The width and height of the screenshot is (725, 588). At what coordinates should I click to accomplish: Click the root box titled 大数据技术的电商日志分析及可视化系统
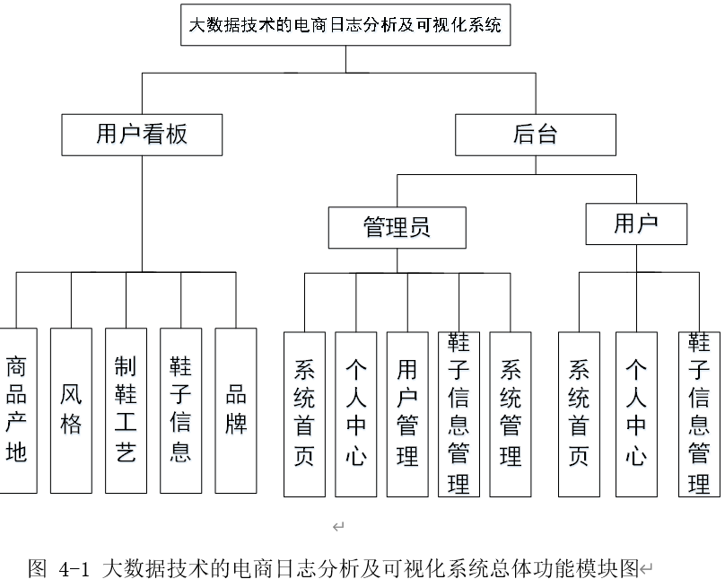(x=345, y=25)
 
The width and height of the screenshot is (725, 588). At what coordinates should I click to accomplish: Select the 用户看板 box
(x=142, y=135)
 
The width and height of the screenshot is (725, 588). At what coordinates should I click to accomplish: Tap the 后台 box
(x=536, y=135)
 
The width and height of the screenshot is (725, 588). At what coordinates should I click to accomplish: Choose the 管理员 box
(x=397, y=228)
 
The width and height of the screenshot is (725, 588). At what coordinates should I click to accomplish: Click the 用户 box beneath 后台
(x=636, y=224)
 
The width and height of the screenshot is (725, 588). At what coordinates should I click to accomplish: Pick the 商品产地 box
(x=17, y=411)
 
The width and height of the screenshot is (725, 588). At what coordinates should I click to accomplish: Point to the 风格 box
(x=71, y=411)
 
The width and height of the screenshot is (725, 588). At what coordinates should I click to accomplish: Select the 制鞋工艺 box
(x=126, y=411)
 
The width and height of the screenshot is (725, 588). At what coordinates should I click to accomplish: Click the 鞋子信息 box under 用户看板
(x=180, y=411)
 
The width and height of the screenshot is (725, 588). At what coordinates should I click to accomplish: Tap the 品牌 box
(x=236, y=411)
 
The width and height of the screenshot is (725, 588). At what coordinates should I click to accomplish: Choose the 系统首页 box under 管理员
(x=304, y=415)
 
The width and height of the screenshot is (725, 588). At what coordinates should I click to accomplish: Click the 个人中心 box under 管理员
(x=356, y=415)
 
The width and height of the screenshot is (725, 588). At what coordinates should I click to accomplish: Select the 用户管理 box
(x=407, y=415)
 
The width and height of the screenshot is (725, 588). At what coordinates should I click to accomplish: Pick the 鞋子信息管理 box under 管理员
(x=459, y=415)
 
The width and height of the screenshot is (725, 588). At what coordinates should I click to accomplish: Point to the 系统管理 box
(x=511, y=415)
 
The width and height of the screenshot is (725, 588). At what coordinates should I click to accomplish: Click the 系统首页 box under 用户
(x=579, y=415)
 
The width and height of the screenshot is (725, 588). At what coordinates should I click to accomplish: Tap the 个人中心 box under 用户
(x=636, y=415)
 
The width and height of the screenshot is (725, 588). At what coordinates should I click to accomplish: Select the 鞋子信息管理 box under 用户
(x=699, y=415)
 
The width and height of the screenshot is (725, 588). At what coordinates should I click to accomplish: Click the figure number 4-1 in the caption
(x=74, y=569)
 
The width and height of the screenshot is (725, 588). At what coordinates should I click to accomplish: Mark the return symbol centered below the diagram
(x=338, y=526)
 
